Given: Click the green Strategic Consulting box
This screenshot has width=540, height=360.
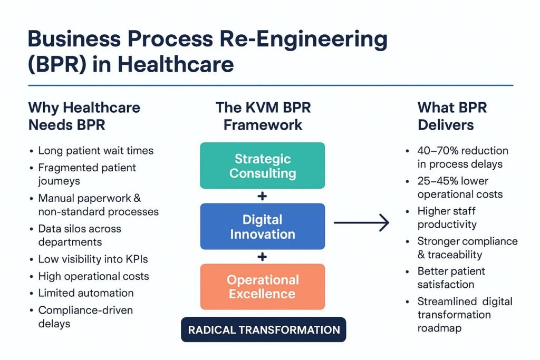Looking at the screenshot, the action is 263,166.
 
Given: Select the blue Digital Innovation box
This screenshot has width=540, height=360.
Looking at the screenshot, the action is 263,227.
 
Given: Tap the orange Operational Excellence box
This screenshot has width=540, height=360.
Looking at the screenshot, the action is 263,287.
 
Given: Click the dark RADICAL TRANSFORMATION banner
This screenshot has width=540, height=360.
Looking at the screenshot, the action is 264,330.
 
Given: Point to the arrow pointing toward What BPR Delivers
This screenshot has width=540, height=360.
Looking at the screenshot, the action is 361,222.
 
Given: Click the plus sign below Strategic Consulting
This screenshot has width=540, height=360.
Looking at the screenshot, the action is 262,196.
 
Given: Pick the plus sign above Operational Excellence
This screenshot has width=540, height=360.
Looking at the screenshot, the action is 262,257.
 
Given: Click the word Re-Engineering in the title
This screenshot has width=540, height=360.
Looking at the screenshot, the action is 303,39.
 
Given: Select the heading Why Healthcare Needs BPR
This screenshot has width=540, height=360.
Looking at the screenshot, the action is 84,116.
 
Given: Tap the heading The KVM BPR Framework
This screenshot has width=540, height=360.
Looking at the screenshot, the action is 263,116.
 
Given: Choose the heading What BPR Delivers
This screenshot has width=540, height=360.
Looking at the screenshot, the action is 452,116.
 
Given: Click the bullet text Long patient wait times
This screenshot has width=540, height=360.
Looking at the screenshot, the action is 96,151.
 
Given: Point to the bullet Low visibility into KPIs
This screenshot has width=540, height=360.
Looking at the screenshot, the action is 93,259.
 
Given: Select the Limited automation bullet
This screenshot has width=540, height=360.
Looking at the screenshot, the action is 86,293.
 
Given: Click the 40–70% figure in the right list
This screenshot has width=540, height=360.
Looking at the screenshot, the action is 437,151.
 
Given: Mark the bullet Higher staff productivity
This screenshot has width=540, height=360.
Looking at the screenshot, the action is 447,218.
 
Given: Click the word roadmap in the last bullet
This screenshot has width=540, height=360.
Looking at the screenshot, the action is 439,328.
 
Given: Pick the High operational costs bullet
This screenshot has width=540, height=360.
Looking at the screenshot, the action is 94,276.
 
